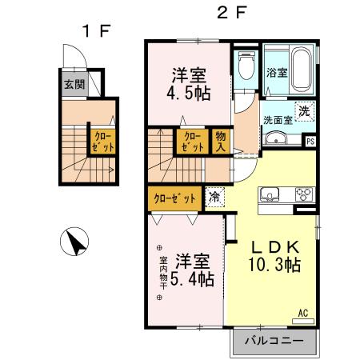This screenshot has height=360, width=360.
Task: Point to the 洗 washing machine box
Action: pyautogui.click(x=304, y=111)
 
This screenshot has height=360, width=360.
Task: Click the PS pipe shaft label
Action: pyautogui.click(x=311, y=142)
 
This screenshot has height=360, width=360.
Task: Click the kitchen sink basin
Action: pyautogui.click(x=267, y=194)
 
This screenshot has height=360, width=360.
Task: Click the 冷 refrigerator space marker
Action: pyautogui.click(x=215, y=195)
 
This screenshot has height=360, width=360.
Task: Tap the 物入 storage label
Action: pyautogui.click(x=219, y=142)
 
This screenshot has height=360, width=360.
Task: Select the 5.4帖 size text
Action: pyautogui.click(x=194, y=279)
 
